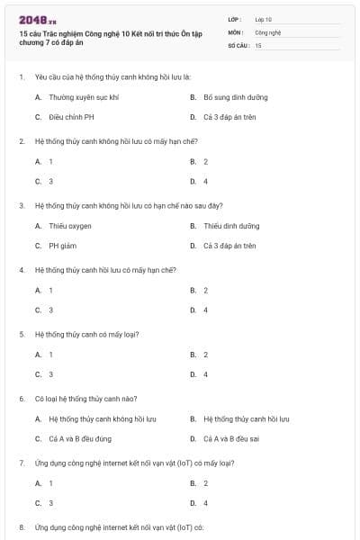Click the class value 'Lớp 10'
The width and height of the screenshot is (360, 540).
[x=264, y=19]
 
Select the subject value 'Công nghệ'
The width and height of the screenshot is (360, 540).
[x=268, y=31]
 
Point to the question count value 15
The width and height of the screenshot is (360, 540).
[x=258, y=44]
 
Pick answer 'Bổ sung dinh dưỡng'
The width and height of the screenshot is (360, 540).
[x=236, y=97]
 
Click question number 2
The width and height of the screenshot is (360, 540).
[x=21, y=141]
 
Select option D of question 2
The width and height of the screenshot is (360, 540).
[x=206, y=181]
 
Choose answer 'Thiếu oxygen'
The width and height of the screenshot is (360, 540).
[x=70, y=226]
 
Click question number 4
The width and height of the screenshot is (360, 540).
[x=21, y=270]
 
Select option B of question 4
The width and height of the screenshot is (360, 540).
[x=206, y=290]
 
